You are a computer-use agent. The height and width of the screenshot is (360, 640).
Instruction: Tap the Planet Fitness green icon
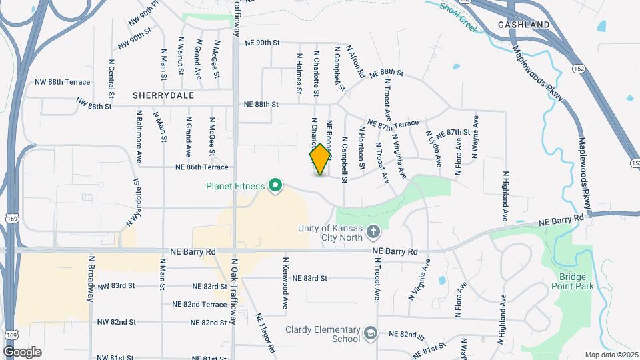275,186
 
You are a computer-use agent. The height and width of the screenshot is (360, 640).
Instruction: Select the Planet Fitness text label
236,186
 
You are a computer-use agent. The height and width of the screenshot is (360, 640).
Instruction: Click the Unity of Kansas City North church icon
373,233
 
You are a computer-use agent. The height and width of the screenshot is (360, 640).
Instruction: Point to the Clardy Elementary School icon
370,332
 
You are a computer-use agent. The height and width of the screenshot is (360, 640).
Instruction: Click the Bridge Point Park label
572,281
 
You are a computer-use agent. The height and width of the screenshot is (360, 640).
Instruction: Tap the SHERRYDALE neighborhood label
163,95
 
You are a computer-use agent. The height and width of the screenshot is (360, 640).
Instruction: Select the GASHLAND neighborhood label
524,25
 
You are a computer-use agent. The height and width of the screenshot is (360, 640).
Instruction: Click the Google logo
22,352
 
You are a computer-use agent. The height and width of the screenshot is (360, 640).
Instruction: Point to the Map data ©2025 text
612,355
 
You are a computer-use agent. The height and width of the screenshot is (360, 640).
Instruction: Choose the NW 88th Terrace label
62,82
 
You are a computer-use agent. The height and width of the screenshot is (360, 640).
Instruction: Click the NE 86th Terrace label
202,167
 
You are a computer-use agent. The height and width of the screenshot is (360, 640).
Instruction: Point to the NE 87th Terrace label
393,125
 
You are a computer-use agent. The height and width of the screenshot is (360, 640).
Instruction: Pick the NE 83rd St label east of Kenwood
310,278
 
